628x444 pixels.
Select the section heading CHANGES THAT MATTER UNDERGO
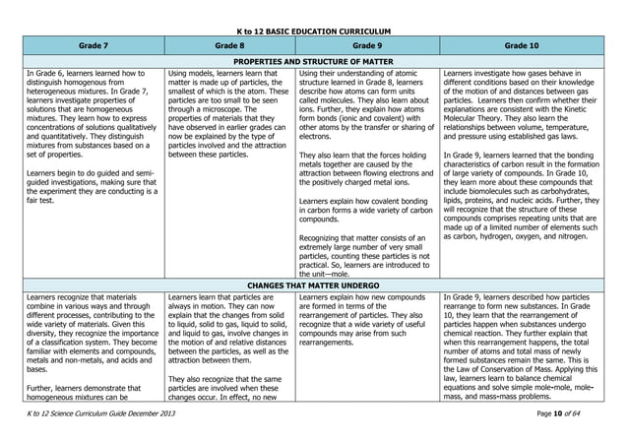point(314,286)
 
